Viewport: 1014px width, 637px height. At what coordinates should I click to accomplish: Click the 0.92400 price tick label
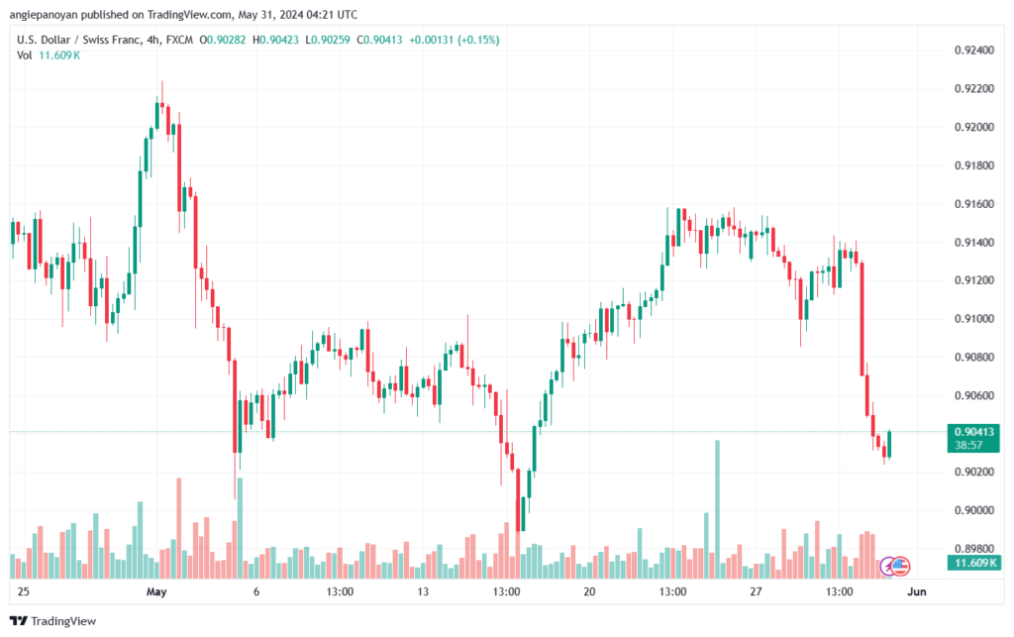(974, 51)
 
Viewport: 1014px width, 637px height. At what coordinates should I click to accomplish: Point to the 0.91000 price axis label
(974, 319)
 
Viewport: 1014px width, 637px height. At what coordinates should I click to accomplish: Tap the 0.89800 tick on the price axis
(974, 549)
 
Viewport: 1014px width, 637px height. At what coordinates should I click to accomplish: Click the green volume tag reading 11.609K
(974, 563)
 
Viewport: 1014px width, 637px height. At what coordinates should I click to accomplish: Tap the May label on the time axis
(156, 591)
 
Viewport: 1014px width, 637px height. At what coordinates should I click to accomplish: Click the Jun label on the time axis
(917, 591)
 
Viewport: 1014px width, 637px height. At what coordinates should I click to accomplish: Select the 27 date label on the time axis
(756, 591)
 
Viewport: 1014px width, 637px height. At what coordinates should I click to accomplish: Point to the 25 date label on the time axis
(24, 591)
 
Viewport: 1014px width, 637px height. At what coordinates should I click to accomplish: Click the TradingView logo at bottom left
(53, 621)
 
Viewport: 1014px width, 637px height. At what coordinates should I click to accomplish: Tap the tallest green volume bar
(717, 509)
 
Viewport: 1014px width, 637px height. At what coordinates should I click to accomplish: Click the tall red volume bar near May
(179, 528)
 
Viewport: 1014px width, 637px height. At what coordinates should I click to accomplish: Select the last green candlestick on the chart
(890, 444)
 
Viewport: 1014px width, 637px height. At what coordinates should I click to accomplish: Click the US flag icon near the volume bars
(900, 567)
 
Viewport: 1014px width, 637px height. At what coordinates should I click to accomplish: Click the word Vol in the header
(24, 55)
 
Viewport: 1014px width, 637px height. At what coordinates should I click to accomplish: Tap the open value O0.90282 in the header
(223, 40)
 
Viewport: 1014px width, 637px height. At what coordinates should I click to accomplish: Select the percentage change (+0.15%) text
(478, 40)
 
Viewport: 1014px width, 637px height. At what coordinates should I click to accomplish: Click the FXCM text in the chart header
(179, 40)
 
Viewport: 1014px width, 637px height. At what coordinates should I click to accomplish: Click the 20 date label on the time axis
(589, 591)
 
